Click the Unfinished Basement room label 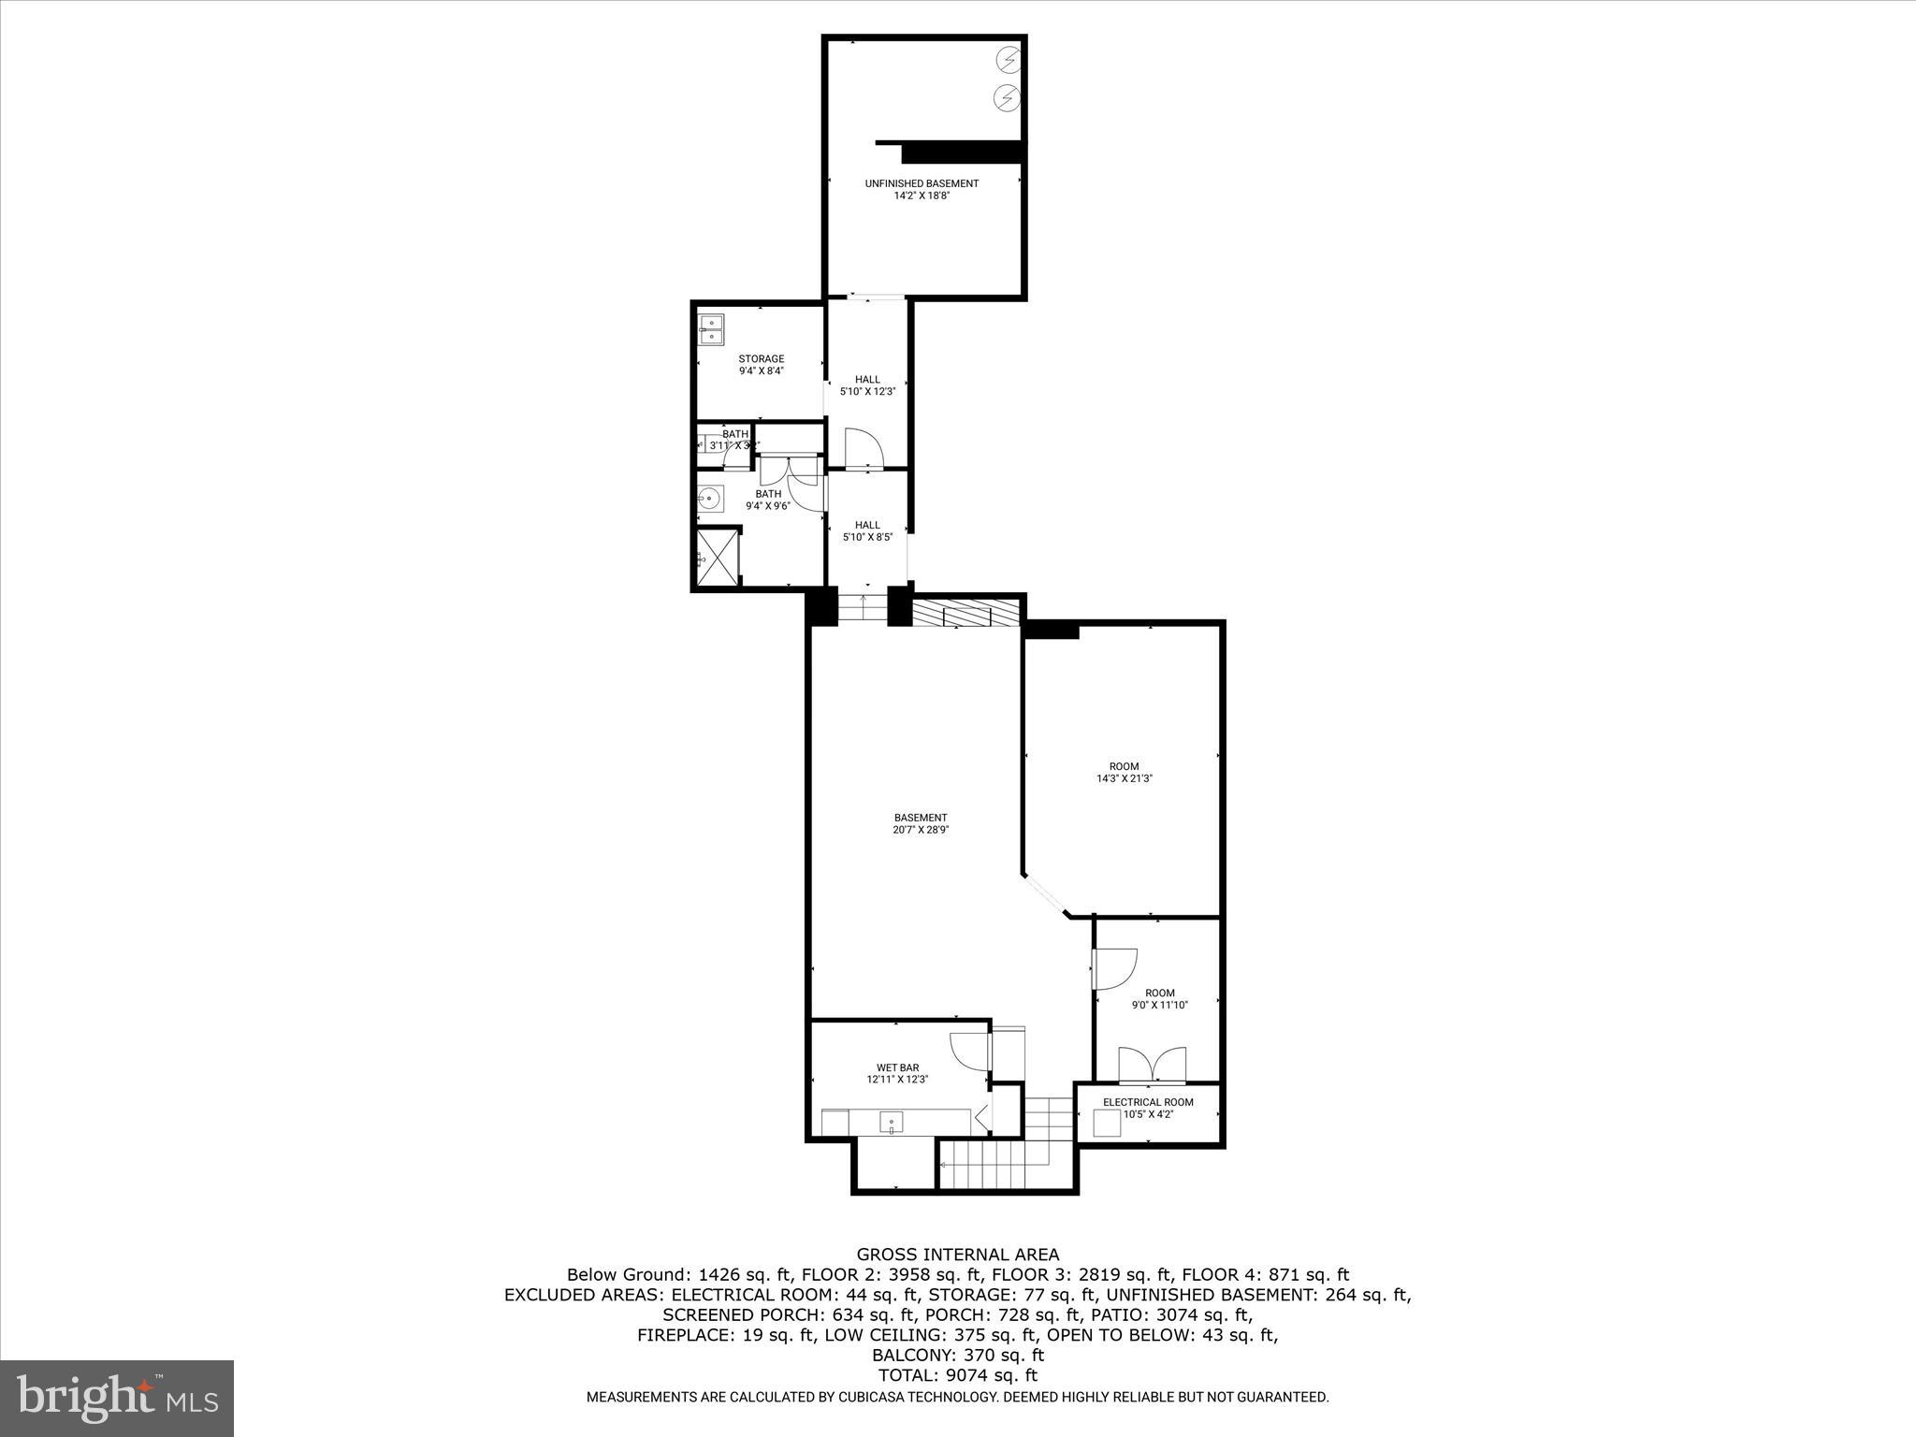pyautogui.click(x=922, y=183)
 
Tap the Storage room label pyautogui.click(x=761, y=358)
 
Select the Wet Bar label pyautogui.click(x=897, y=1067)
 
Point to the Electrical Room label pyautogui.click(x=1148, y=1102)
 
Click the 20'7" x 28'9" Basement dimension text pyautogui.click(x=921, y=830)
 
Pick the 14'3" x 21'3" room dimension pyautogui.click(x=1124, y=778)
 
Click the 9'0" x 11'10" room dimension pyautogui.click(x=1159, y=1006)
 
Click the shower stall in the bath pyautogui.click(x=718, y=559)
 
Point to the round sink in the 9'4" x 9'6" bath pyautogui.click(x=709, y=497)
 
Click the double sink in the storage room pyautogui.click(x=712, y=328)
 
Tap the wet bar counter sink pyautogui.click(x=892, y=1122)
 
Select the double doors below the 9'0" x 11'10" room pyautogui.click(x=1153, y=1065)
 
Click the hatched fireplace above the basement pyautogui.click(x=965, y=614)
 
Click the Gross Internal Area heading pyautogui.click(x=958, y=1255)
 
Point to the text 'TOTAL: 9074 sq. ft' pyautogui.click(x=958, y=1375)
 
